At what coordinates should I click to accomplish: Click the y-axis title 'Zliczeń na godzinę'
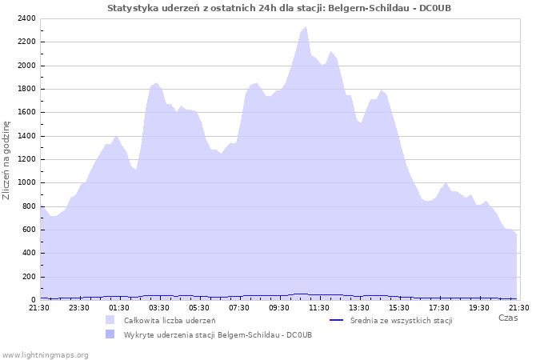pyautogui.click(x=7, y=160)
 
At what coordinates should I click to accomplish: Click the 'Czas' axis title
pyautogui.click(x=507, y=318)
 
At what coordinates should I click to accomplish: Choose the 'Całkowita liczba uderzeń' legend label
pyautogui.click(x=169, y=320)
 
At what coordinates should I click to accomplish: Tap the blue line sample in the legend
pyautogui.click(x=337, y=320)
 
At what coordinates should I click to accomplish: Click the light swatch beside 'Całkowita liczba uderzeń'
pyautogui.click(x=110, y=320)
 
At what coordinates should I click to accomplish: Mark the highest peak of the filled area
pyautogui.click(x=306, y=27)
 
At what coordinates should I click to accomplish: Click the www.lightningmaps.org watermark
pyautogui.click(x=45, y=354)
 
